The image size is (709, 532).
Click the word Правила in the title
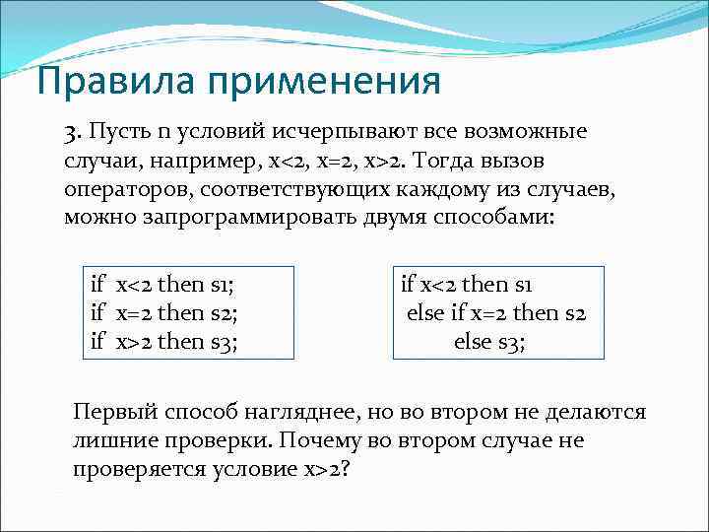coord(98,81)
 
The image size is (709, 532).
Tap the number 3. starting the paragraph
coord(75,132)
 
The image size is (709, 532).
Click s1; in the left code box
coord(226,286)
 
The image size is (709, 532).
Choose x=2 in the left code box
coord(134,314)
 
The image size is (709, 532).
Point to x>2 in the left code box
coord(134,342)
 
